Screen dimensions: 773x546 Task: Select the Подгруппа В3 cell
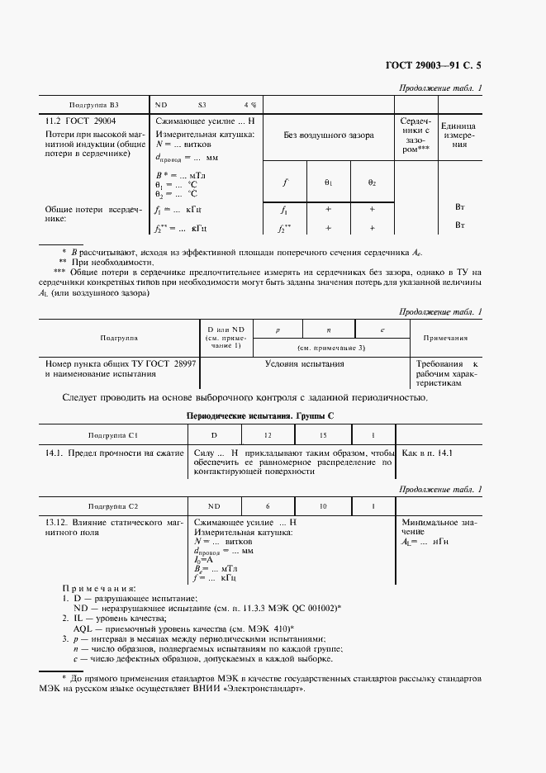[94, 106]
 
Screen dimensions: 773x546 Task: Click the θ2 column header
[372, 182]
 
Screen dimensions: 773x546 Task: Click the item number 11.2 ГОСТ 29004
[80, 121]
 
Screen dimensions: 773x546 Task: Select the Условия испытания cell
[304, 363]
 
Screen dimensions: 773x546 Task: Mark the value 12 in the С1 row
[267, 434]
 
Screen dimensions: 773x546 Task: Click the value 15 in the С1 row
[323, 434]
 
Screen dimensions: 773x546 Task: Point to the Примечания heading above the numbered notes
[96, 587]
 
